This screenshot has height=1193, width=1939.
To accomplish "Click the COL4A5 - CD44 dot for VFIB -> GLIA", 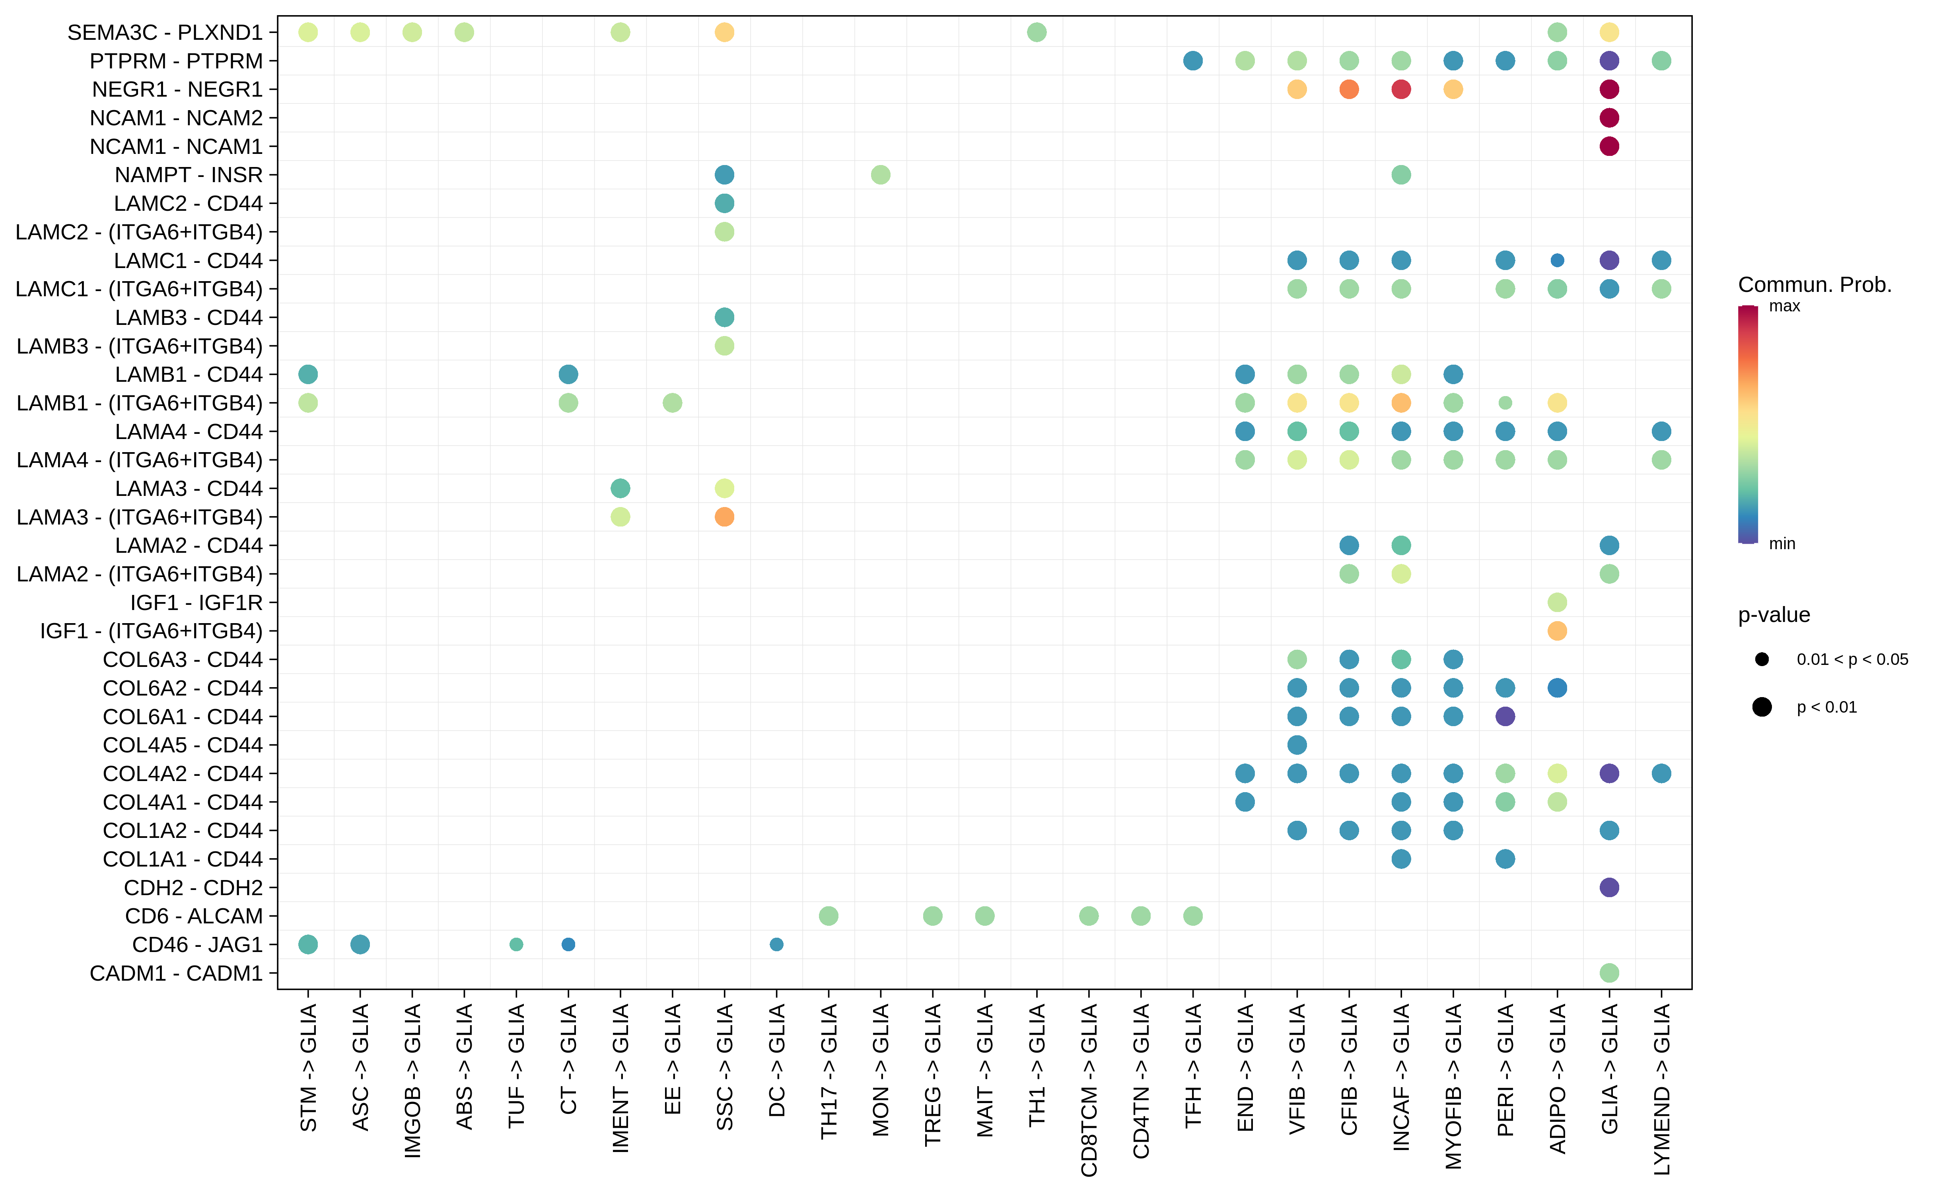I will pyautogui.click(x=1297, y=745).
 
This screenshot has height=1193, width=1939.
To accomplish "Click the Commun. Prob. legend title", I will pyautogui.click(x=1815, y=285).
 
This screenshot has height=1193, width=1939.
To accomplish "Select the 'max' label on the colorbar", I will pyautogui.click(x=1784, y=306).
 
